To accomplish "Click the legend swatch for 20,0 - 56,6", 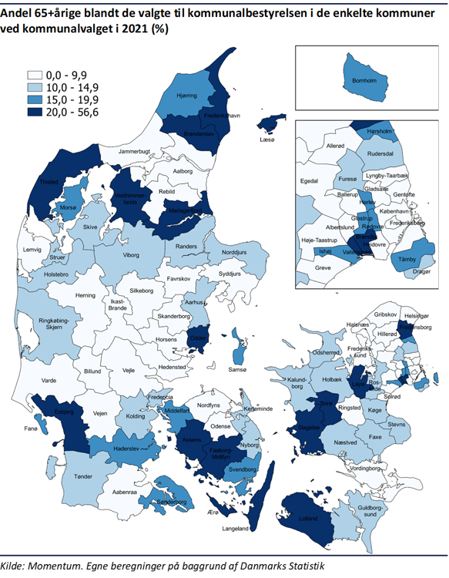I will (x=35, y=113).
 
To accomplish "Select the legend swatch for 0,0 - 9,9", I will (x=35, y=76).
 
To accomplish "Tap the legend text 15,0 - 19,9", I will (x=72, y=101).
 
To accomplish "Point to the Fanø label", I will (x=32, y=428).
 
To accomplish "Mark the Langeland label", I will (x=236, y=529).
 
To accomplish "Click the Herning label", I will (x=85, y=295).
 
